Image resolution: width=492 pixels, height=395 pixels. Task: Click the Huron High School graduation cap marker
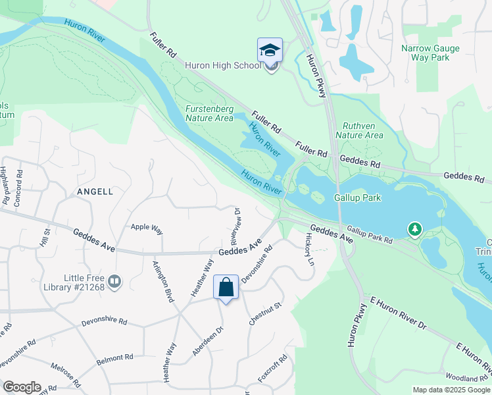[x=270, y=50]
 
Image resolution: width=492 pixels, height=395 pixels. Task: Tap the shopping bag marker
[x=226, y=288]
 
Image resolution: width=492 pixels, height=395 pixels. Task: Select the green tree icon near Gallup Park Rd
[x=414, y=230]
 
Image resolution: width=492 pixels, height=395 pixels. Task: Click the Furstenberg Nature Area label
[x=209, y=113]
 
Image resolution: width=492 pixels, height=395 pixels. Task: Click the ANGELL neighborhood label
[x=95, y=192]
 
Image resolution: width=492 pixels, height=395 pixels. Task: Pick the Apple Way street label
[x=147, y=227]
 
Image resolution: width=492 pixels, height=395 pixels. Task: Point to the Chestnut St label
[x=265, y=313]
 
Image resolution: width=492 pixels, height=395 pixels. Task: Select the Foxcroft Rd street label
[x=272, y=369]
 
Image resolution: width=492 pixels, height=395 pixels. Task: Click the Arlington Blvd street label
[x=164, y=286]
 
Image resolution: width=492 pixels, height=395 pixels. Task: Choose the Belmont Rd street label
[x=114, y=358]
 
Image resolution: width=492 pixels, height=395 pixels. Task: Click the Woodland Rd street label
[x=466, y=378]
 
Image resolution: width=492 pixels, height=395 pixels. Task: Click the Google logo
[x=22, y=387]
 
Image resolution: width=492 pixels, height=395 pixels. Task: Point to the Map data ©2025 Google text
[x=451, y=390]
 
